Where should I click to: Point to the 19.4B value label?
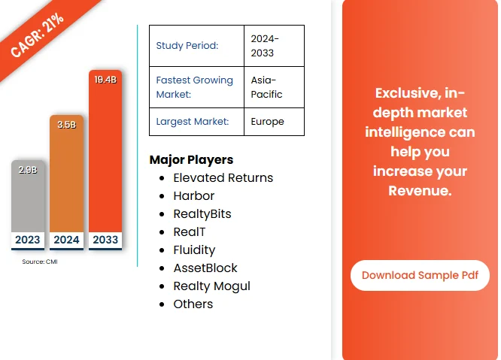tap(105, 79)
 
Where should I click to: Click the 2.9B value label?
tap(27, 170)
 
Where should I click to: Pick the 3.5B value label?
tap(66, 125)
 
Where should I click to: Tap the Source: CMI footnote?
tap(40, 262)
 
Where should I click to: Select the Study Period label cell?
tap(187, 45)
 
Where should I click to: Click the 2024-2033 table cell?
tap(265, 46)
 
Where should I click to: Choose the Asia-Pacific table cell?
tap(267, 87)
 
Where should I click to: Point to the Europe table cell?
tap(267, 121)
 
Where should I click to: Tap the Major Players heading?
tap(191, 159)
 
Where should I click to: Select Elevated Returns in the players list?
tap(223, 178)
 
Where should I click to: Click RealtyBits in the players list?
tap(202, 214)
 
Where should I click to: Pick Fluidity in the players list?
tap(194, 250)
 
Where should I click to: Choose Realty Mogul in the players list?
tap(211, 286)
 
